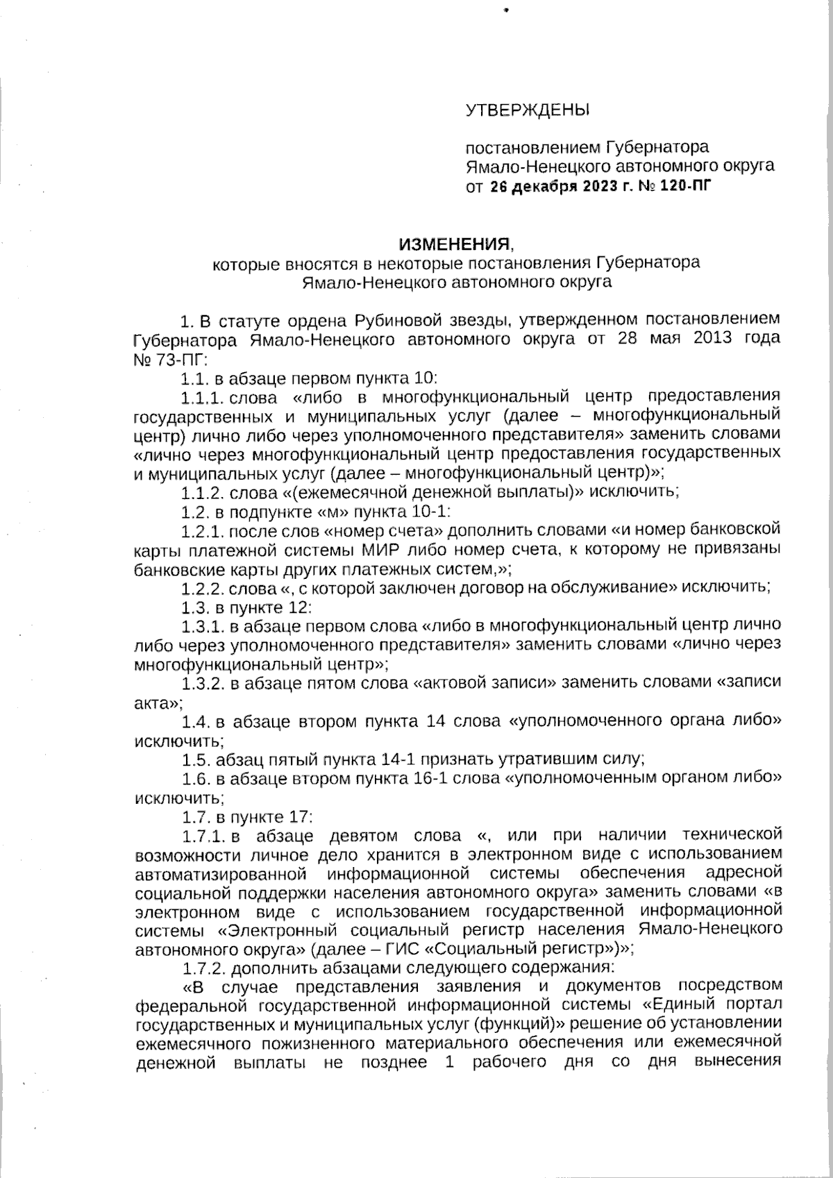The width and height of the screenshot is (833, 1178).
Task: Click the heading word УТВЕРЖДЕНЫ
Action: click(526, 110)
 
